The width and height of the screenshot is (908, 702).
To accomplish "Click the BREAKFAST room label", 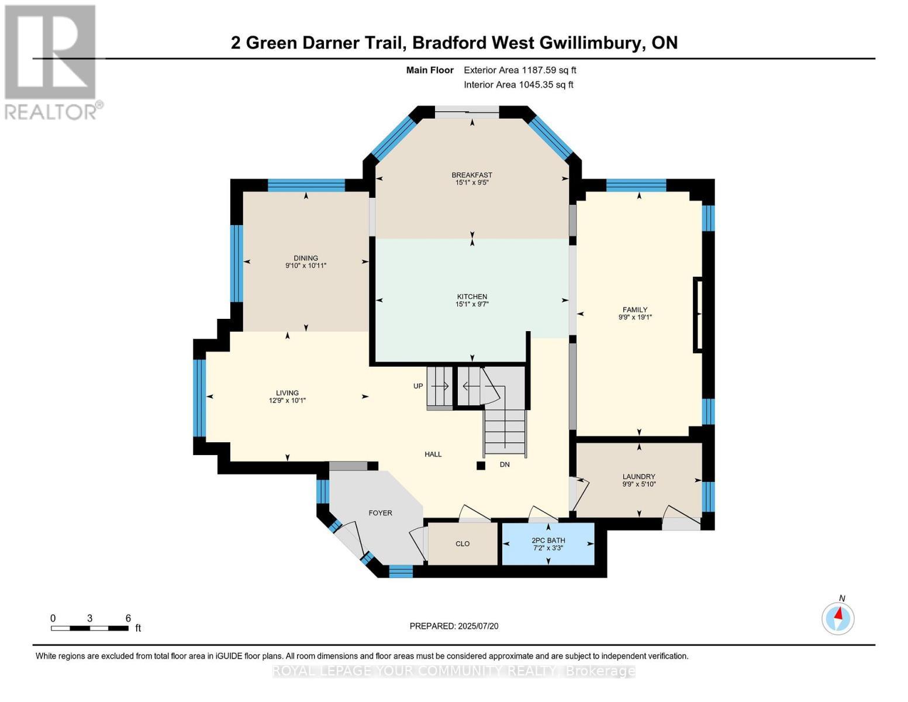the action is point(472,175).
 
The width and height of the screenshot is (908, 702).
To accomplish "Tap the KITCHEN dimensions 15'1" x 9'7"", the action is point(472,304).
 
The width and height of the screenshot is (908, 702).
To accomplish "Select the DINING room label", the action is point(305,258).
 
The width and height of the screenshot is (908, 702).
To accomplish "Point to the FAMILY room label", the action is point(635,309).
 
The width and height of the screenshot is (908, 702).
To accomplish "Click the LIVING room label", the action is point(287,393).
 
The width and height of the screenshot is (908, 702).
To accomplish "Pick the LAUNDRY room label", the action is point(638,476).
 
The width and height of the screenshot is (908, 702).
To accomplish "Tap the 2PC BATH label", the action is point(548,540).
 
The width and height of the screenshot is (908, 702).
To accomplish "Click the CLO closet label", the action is point(462,543).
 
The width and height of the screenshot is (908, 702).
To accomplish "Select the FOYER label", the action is point(380,512).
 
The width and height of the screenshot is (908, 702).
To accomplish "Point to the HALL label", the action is point(433,454).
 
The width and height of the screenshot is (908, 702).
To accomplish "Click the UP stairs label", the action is point(418,386).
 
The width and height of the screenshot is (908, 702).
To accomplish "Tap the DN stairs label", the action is point(505,464).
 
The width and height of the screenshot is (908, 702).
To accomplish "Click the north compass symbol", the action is point(838,618).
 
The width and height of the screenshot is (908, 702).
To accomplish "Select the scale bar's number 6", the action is point(128,618).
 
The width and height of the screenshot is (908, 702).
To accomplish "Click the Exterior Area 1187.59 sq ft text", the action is point(520,70).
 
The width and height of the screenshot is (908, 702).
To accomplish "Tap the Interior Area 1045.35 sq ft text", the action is point(518,84).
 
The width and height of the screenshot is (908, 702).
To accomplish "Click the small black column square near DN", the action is point(481,465).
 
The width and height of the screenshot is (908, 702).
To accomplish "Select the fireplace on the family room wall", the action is point(698,314).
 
